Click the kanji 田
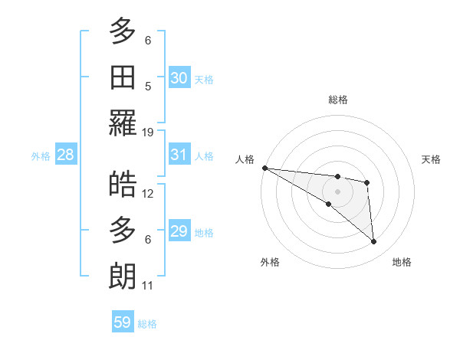pyautogui.click(x=123, y=77)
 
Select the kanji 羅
pyautogui.click(x=123, y=123)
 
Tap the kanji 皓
pyautogui.click(x=123, y=185)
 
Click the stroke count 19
pyautogui.click(x=148, y=133)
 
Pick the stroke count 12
pyautogui.click(x=148, y=194)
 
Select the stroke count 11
pyautogui.click(x=148, y=286)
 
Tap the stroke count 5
pyautogui.click(x=148, y=87)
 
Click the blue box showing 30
pyautogui.click(x=179, y=77)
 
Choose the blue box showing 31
pyautogui.click(x=179, y=155)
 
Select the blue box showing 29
pyautogui.click(x=179, y=231)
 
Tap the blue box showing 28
pyautogui.click(x=66, y=155)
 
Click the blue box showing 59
pyautogui.click(x=123, y=322)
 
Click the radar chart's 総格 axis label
pyautogui.click(x=338, y=100)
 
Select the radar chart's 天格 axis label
pyautogui.click(x=432, y=159)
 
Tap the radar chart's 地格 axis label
pyautogui.click(x=402, y=262)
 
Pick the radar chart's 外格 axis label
pyautogui.click(x=270, y=262)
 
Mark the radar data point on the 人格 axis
pyautogui.click(x=264, y=168)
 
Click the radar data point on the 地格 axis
pyautogui.click(x=374, y=242)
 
